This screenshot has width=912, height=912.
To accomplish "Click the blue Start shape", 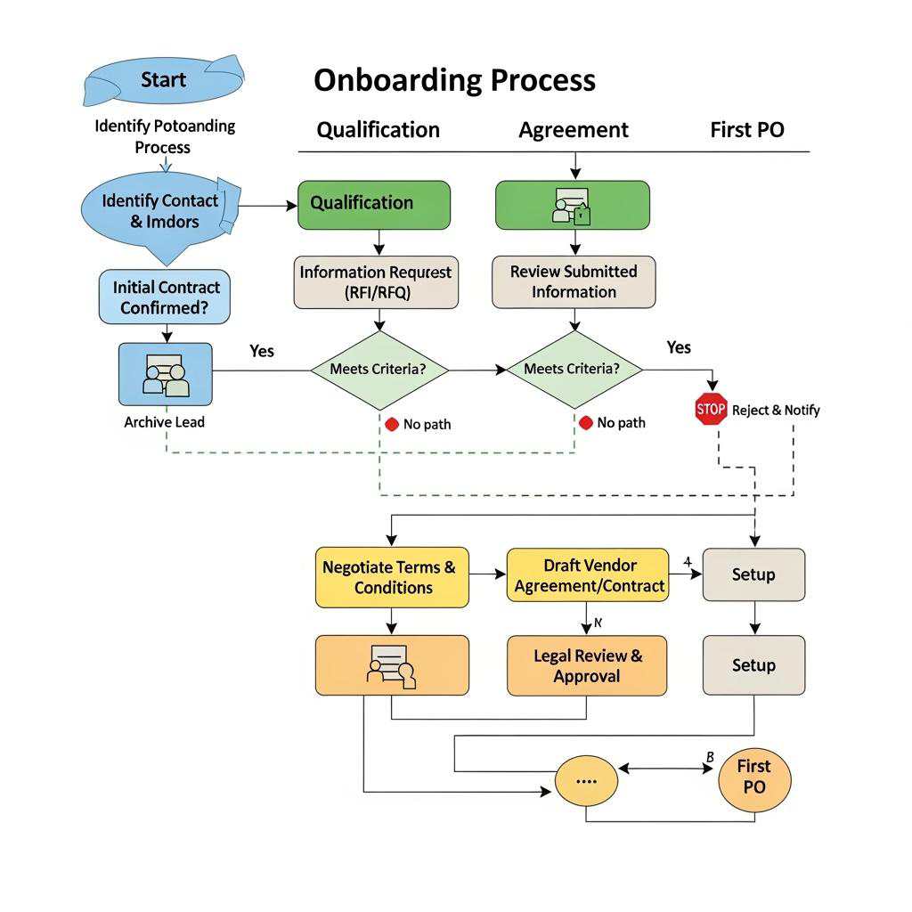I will pyautogui.click(x=163, y=80).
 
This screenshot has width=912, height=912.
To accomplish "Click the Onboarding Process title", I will pyautogui.click(x=454, y=80).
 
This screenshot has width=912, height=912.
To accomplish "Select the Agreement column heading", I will pyautogui.click(x=574, y=130).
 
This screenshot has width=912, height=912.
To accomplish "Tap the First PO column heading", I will pyautogui.click(x=746, y=130).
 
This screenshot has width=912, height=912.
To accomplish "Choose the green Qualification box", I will pyautogui.click(x=374, y=204).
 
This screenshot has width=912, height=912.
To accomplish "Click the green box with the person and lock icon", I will pyautogui.click(x=572, y=205).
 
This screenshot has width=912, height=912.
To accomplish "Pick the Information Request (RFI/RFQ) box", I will pyautogui.click(x=376, y=282).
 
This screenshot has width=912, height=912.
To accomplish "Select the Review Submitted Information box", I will pyautogui.click(x=574, y=282).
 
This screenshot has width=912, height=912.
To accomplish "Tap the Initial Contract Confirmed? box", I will pyautogui.click(x=165, y=297).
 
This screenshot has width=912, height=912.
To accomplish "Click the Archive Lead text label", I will pyautogui.click(x=164, y=422).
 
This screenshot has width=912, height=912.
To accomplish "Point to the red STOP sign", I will pyautogui.click(x=711, y=409).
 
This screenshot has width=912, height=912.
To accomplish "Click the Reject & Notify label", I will pyautogui.click(x=776, y=410).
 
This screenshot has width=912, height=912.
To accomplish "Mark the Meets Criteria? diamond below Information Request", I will pyautogui.click(x=379, y=370).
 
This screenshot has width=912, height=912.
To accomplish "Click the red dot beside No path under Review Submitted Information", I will pyautogui.click(x=585, y=423).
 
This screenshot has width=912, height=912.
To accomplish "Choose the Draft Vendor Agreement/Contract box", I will pyautogui.click(x=588, y=575).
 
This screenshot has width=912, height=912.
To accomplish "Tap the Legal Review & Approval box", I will pyautogui.click(x=587, y=665).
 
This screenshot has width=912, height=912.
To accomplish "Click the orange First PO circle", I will pyautogui.click(x=753, y=777).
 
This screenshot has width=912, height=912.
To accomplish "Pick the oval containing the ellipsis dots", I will pyautogui.click(x=585, y=780).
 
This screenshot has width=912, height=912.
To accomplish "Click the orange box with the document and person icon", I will pyautogui.click(x=392, y=665).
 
